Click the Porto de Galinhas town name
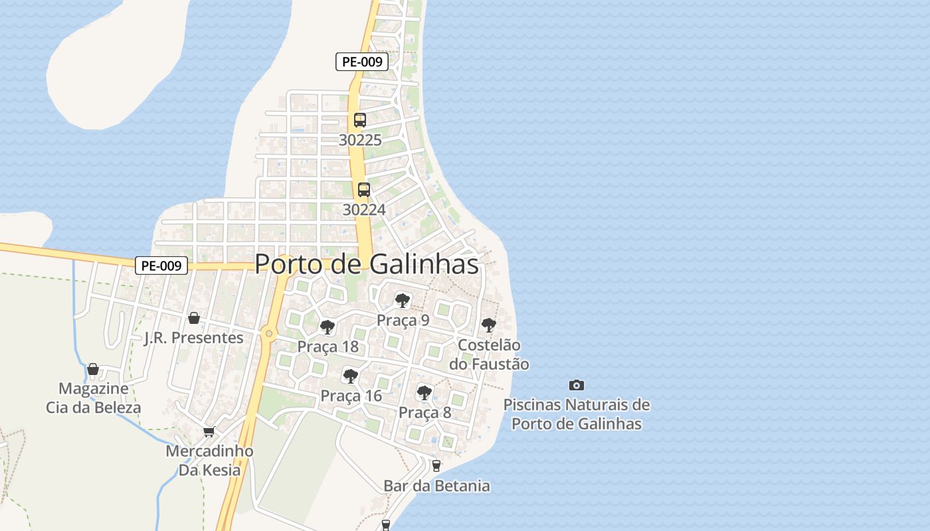click(x=367, y=264)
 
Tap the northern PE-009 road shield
click(x=361, y=62)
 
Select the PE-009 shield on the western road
click(x=161, y=266)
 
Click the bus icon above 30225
click(x=360, y=120)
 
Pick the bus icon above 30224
click(x=364, y=189)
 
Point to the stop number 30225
click(x=360, y=140)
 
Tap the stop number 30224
click(x=364, y=210)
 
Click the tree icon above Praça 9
click(x=402, y=300)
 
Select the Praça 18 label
click(x=327, y=346)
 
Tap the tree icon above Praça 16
click(x=350, y=376)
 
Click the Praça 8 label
click(x=424, y=412)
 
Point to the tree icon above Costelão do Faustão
click(x=489, y=325)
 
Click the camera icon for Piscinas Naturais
click(x=577, y=385)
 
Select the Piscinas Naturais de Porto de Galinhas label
click(x=577, y=414)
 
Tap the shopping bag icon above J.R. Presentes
click(x=194, y=318)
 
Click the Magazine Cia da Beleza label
click(x=94, y=398)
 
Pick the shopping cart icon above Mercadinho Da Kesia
click(x=209, y=431)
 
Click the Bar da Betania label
click(x=436, y=486)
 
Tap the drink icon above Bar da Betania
click(x=436, y=466)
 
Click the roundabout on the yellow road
click(x=268, y=333)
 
